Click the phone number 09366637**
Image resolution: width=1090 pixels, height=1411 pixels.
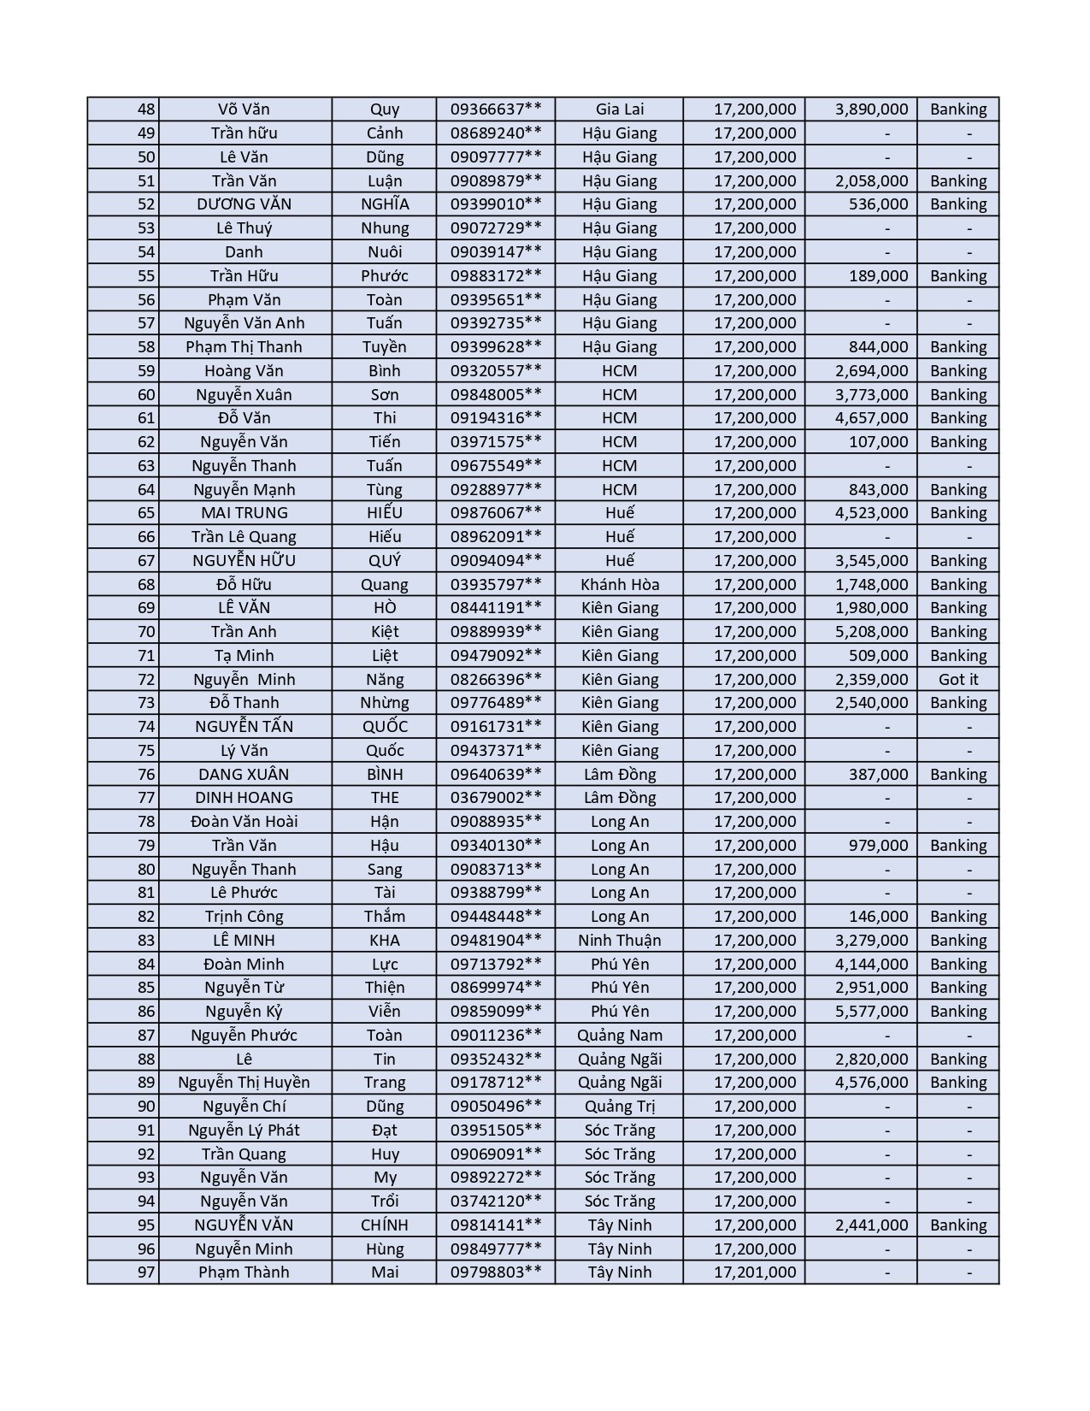tap(496, 109)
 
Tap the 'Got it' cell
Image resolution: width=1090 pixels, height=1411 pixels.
tap(958, 680)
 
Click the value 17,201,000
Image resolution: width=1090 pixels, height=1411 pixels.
tap(755, 1272)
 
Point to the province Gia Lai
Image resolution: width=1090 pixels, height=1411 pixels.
tap(620, 109)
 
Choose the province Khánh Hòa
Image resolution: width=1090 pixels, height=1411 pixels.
tap(620, 585)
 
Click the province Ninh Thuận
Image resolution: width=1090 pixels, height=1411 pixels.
tap(620, 941)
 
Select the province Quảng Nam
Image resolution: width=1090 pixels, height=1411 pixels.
tap(620, 1036)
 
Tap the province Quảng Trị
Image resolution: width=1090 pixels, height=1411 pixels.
tap(620, 1107)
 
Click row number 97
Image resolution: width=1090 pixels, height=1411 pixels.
tap(146, 1272)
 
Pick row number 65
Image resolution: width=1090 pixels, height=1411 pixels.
tap(146, 513)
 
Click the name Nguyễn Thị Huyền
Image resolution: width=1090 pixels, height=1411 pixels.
tap(244, 1083)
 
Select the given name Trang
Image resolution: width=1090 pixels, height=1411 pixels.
tap(385, 1083)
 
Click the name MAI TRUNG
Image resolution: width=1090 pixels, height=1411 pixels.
tap(244, 513)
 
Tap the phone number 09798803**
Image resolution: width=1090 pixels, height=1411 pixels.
tap(496, 1272)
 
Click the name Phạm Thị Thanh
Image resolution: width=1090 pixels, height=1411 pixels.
tap(244, 347)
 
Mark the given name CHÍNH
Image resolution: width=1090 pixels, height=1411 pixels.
tap(385, 1225)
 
